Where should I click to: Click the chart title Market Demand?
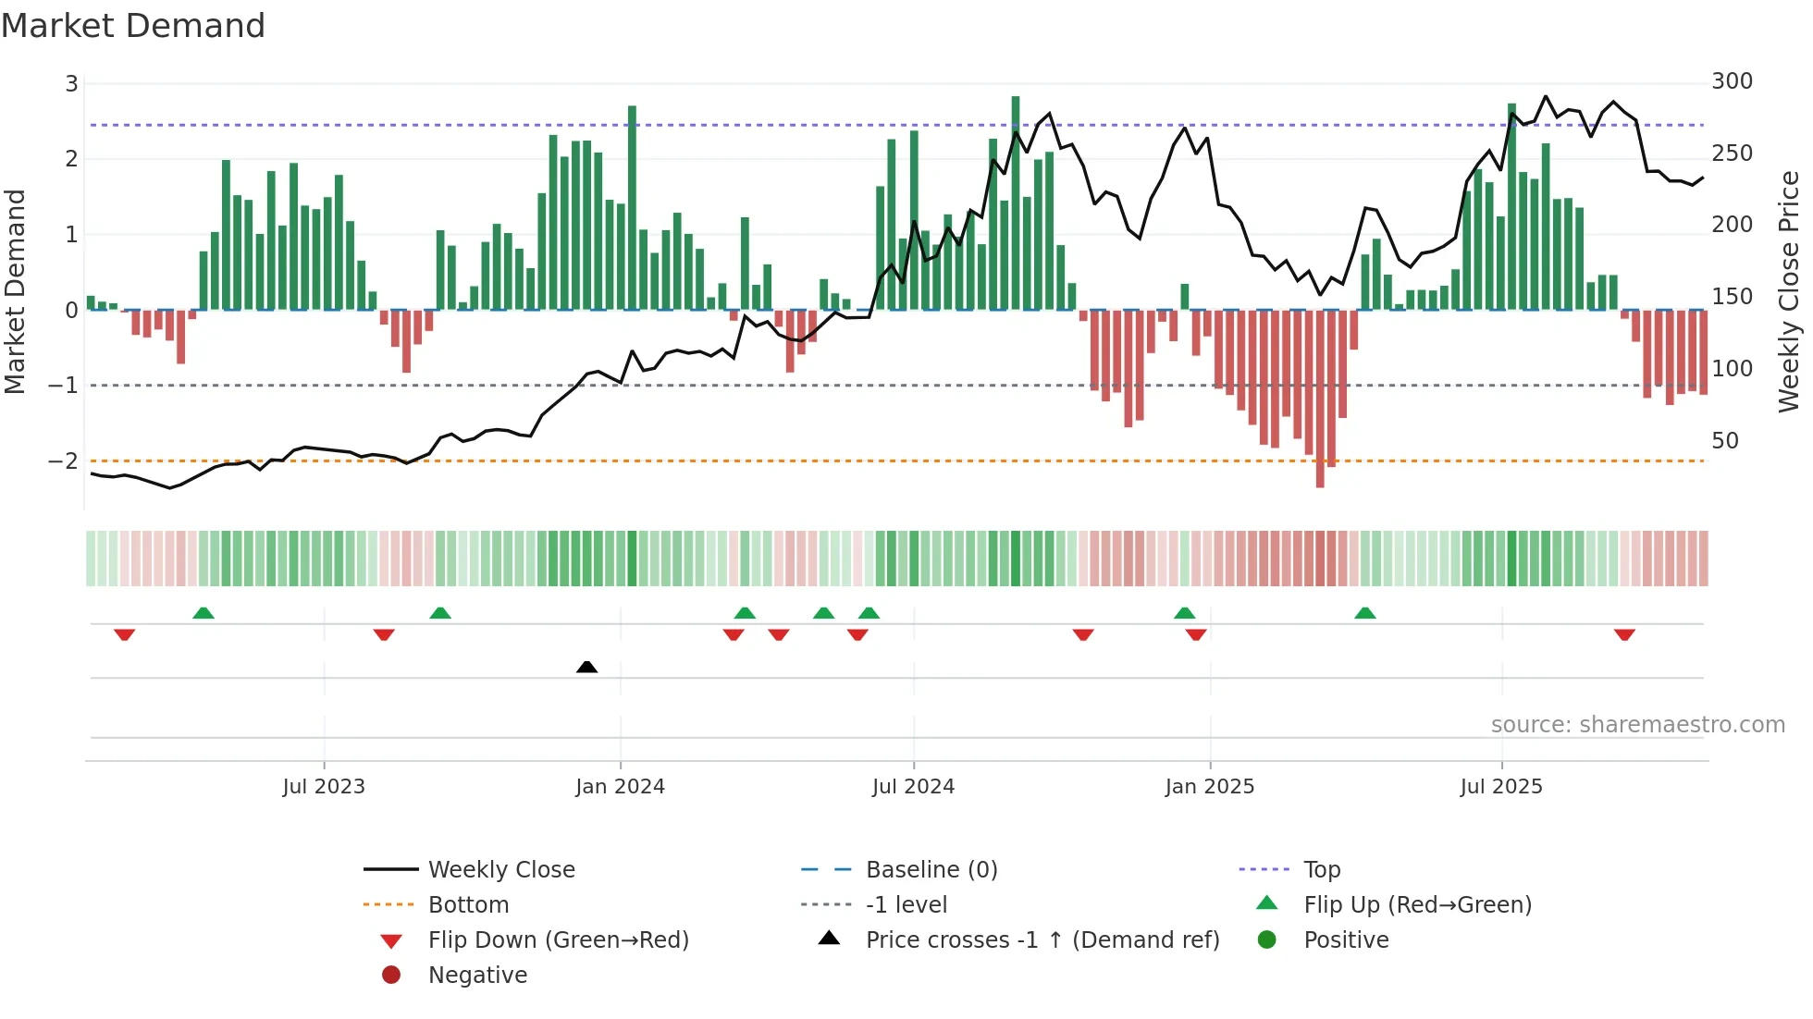(133, 26)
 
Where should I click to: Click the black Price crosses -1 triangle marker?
(586, 667)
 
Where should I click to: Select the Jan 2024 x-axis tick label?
(620, 787)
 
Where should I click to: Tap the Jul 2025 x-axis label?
(1501, 787)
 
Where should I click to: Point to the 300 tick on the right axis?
(1732, 81)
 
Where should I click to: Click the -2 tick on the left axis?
(64, 460)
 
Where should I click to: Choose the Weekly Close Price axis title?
(1789, 291)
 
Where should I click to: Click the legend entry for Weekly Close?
(500, 870)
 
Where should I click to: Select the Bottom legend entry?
(468, 905)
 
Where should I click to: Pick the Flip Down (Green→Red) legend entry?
(558, 940)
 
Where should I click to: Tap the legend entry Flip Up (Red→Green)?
(1417, 905)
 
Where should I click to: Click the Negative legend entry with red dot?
(477, 976)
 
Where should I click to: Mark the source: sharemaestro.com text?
(1637, 725)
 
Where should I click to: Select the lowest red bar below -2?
(1320, 398)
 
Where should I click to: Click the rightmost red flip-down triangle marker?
(1624, 634)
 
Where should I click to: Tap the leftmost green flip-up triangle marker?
(203, 613)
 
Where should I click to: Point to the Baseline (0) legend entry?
(931, 870)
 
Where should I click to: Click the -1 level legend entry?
(906, 905)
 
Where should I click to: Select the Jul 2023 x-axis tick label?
(324, 787)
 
